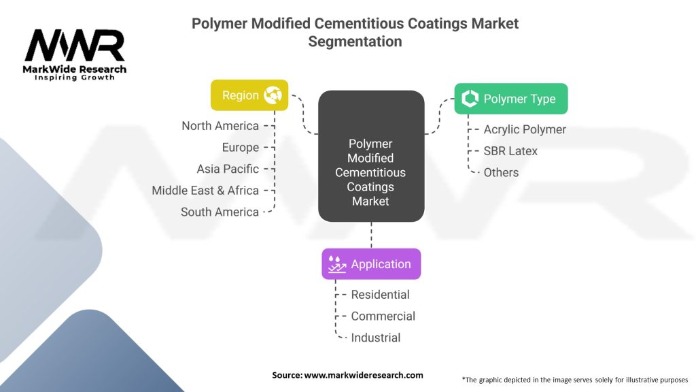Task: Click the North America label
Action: [220, 126]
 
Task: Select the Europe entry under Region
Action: [240, 148]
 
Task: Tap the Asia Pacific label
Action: [228, 169]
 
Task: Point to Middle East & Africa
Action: [205, 191]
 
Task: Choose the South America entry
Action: [220, 212]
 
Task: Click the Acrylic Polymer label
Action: [525, 129]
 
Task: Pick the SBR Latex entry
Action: [510, 151]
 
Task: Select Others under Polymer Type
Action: [501, 173]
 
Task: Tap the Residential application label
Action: [380, 295]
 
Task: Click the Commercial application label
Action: [383, 316]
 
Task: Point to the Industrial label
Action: [376, 338]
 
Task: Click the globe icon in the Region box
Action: [273, 95]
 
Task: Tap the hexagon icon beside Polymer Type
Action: [470, 99]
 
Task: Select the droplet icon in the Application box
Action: [336, 264]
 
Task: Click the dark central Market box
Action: [371, 157]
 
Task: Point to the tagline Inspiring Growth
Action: [75, 78]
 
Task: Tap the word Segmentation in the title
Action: [355, 42]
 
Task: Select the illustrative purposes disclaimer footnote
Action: [575, 379]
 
